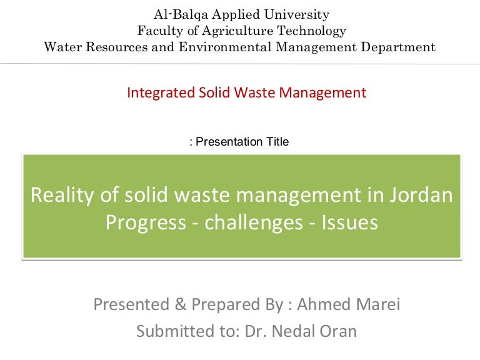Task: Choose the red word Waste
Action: [256, 93]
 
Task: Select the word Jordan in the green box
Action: [422, 196]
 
